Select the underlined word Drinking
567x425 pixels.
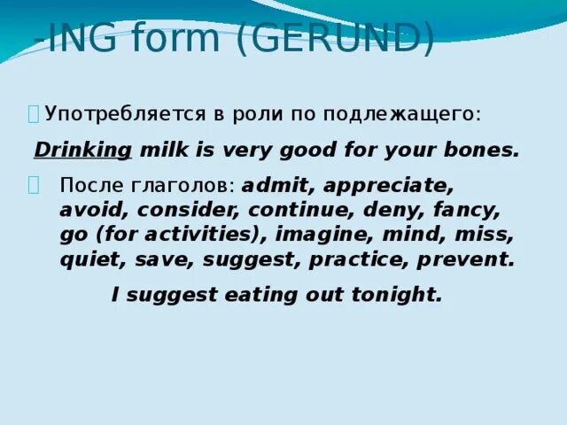82,150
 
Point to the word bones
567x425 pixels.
485,150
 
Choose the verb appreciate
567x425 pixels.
384,187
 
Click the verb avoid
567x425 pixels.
86,212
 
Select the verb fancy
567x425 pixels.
467,212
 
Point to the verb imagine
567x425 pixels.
317,236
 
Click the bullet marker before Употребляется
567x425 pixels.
33,113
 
